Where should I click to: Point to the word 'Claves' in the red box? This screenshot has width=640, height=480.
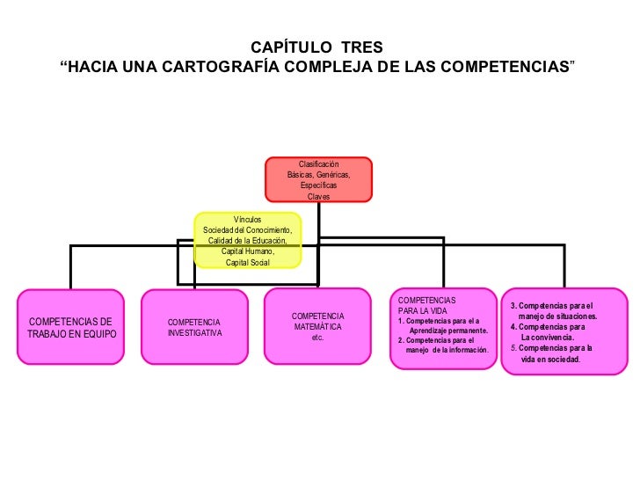318,196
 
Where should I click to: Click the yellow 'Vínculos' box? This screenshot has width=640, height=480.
247,240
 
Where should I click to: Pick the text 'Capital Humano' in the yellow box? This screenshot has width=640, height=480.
248,251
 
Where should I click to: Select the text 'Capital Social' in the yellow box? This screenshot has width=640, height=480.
248,262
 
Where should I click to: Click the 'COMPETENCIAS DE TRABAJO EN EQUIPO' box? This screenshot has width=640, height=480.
71,327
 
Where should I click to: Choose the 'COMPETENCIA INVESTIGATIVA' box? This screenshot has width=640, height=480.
194,327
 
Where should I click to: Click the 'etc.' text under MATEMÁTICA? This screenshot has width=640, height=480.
317,337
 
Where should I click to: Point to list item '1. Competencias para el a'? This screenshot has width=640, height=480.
439,321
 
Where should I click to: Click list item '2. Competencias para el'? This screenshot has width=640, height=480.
436,340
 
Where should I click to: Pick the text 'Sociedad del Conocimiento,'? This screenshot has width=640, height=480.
248,230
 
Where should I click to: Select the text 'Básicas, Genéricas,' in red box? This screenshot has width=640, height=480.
318,175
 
